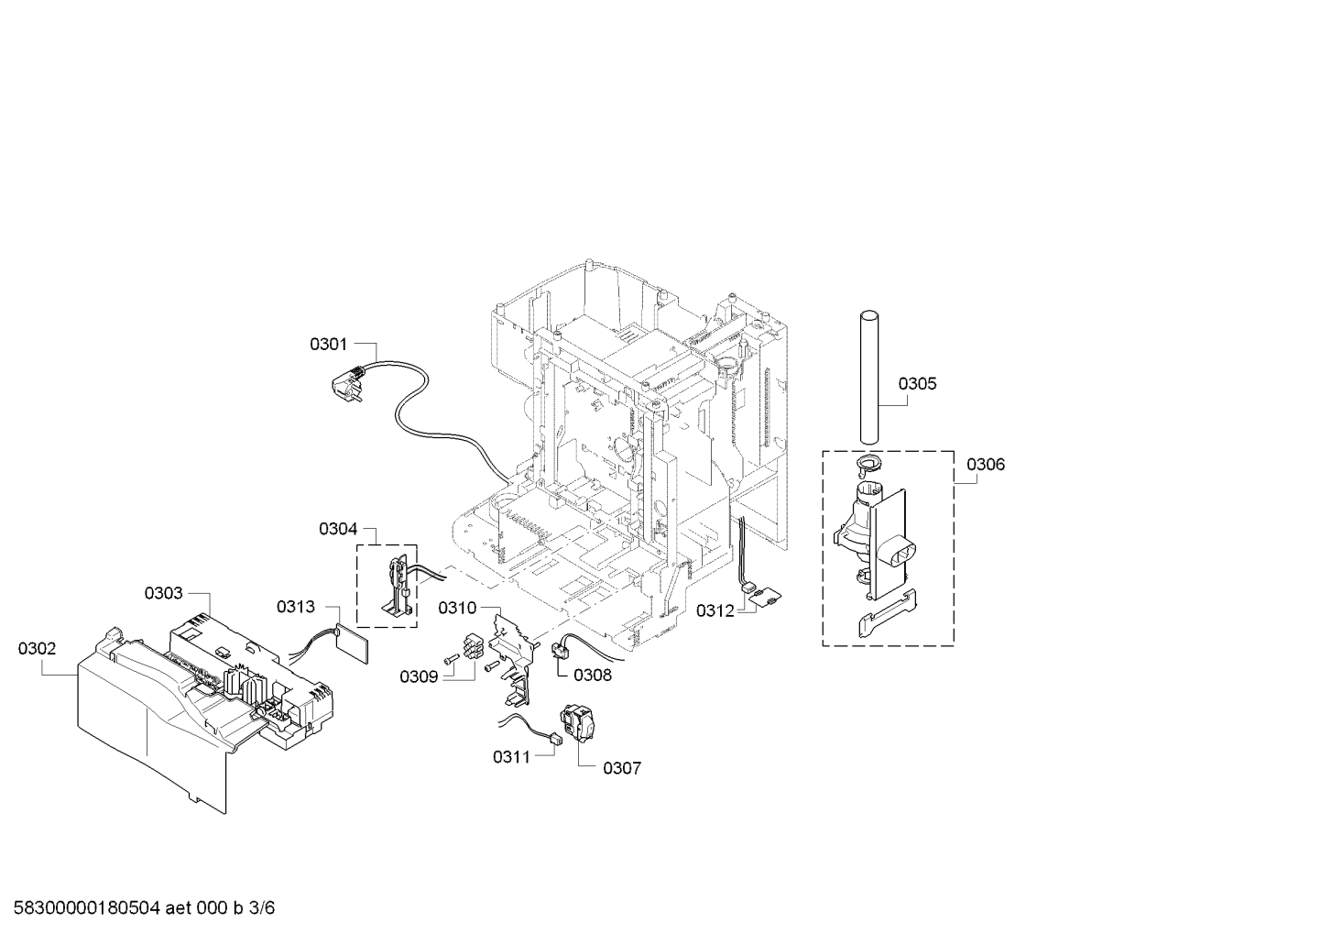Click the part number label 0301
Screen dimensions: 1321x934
pos(329,344)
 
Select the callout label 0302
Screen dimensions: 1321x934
pos(37,648)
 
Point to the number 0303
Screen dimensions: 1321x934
pos(163,593)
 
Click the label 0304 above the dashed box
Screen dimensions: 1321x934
pos(338,529)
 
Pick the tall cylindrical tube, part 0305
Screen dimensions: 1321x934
pos(868,377)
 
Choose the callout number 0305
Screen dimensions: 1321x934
pos(917,384)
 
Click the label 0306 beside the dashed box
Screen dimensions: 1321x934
pos(986,465)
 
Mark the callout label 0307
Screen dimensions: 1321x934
pos(622,768)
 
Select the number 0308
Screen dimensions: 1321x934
pos(593,675)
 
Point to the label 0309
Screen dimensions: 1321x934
pos(419,676)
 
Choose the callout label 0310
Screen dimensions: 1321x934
pos(457,608)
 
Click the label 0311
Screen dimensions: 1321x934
pos(512,756)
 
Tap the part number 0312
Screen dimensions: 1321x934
pos(715,610)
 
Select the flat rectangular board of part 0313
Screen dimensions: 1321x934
pos(352,643)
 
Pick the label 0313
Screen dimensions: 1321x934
pos(296,607)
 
